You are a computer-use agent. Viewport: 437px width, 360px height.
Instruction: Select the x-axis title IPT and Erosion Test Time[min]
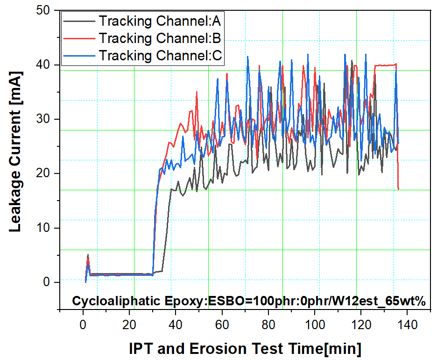point(245,348)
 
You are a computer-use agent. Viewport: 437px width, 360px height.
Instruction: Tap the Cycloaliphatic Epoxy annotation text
point(248,301)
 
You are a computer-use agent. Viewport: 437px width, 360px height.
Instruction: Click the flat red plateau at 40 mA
point(386,65)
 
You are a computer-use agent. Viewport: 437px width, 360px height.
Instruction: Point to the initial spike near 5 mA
point(88,255)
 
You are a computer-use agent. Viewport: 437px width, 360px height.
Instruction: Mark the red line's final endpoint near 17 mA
point(398,189)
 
